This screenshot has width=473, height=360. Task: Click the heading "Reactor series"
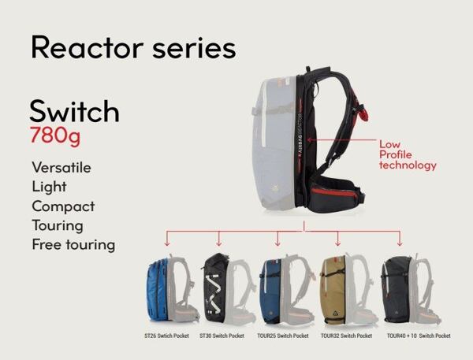[x=133, y=47]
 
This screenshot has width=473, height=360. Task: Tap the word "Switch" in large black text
[x=75, y=111]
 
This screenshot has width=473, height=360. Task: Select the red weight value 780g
[x=55, y=135]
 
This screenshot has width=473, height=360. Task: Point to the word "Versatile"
[x=61, y=168]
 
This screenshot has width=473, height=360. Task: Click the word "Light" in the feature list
[x=49, y=187]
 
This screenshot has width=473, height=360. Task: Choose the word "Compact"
[x=63, y=206]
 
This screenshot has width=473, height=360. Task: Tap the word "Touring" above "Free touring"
[x=58, y=226]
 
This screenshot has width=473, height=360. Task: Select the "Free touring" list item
[x=73, y=245]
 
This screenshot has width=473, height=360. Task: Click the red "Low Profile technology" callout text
[x=408, y=155]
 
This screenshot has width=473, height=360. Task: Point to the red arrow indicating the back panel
[x=341, y=140]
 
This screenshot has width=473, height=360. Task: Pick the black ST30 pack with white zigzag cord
[x=214, y=288]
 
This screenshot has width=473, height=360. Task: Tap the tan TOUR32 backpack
[x=333, y=290]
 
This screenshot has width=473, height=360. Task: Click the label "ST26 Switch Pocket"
[x=166, y=336]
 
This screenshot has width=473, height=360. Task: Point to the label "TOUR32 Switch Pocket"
[x=346, y=336]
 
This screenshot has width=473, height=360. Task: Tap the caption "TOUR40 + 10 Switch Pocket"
[x=419, y=336]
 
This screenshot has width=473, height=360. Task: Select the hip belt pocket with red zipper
[x=336, y=198]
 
